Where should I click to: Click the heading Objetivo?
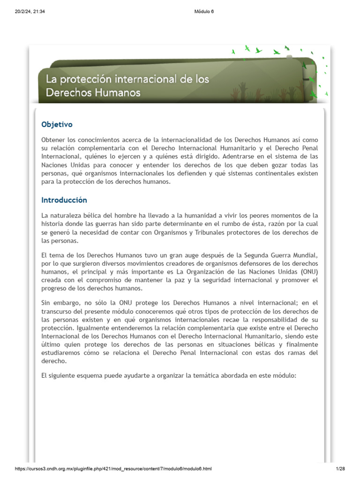(57, 125)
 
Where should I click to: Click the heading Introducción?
(64, 200)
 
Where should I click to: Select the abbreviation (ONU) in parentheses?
(307, 272)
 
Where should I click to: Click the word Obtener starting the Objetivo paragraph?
(54, 140)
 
